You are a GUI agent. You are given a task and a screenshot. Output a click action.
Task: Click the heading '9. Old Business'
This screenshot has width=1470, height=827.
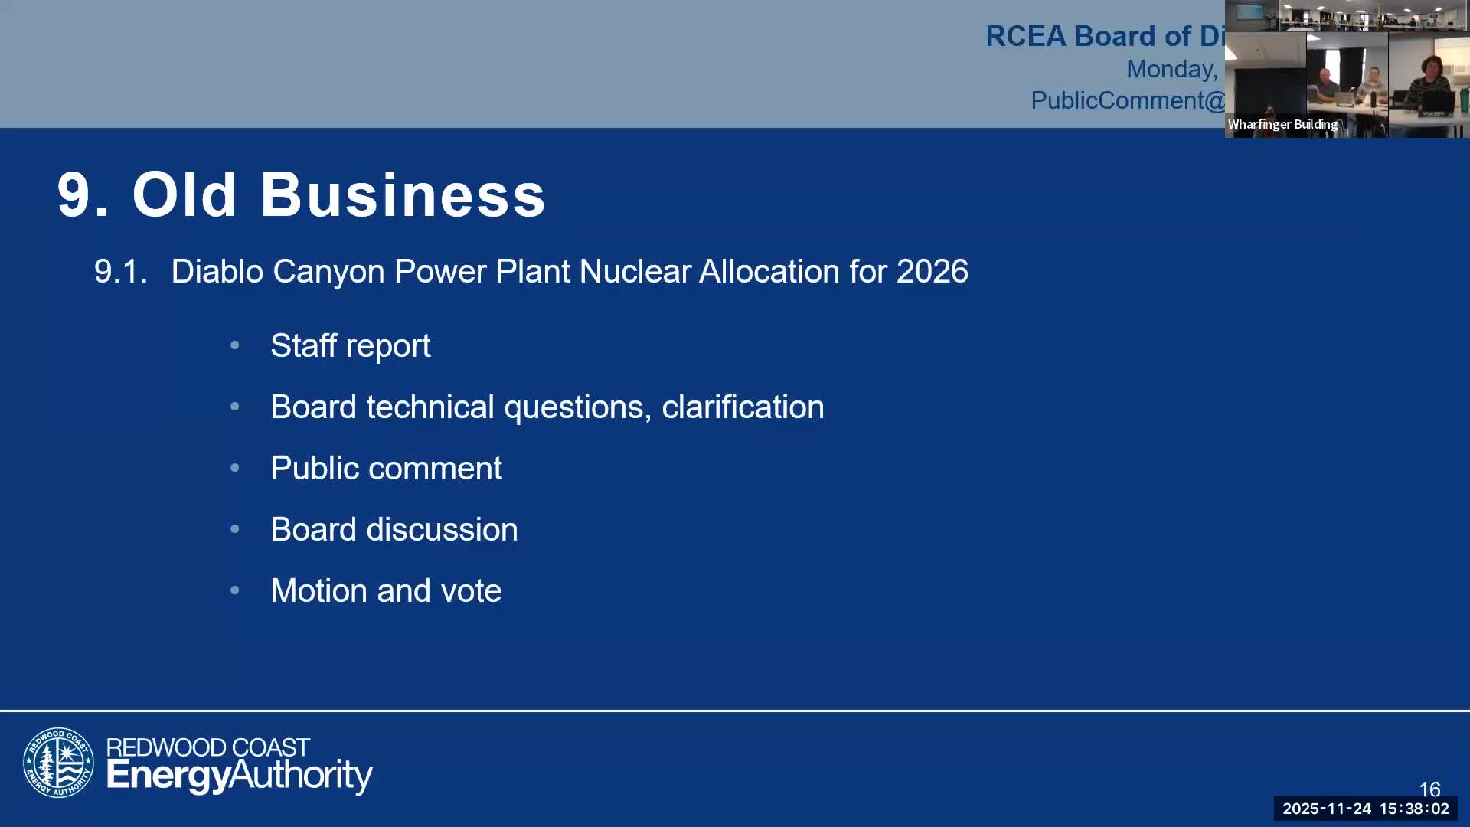pos(301,194)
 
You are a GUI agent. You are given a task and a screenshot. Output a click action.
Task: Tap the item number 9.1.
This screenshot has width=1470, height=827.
pos(120,272)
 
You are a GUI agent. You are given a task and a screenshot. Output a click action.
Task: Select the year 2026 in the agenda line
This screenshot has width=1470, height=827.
pos(932,272)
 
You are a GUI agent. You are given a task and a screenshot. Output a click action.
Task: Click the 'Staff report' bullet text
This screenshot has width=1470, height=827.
pos(350,346)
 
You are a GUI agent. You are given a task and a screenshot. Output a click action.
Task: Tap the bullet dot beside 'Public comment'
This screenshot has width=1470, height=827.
pos(235,468)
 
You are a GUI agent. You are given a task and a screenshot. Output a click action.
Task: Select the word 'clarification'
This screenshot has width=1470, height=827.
pos(742,407)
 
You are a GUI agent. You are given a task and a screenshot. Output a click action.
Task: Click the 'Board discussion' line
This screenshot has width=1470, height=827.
pos(394,530)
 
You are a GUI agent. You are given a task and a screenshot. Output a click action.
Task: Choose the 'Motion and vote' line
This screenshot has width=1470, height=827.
pos(386,591)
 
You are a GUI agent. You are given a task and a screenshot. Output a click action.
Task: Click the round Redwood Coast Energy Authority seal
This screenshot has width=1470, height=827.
pos(58,763)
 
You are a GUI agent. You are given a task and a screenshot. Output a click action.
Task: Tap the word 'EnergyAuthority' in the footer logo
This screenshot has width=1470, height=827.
pos(239,776)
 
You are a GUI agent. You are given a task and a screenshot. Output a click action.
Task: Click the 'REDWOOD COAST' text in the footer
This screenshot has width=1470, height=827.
pos(207,747)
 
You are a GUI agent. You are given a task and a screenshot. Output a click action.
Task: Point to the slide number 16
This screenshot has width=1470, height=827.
pos(1429,789)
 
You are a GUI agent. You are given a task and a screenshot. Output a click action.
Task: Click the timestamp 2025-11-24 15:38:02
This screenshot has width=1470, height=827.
pos(1365,809)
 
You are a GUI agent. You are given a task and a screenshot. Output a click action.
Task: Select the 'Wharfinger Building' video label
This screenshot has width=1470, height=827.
pos(1282,125)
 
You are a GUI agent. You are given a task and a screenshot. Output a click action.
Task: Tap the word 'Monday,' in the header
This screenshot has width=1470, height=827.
pos(1171,69)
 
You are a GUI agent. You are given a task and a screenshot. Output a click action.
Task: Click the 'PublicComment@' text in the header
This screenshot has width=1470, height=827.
pos(1127,100)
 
